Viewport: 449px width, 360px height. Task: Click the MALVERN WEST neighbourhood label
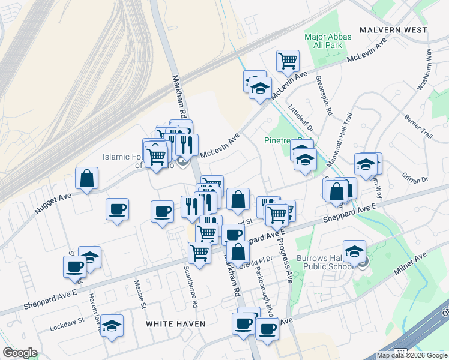tap(393, 29)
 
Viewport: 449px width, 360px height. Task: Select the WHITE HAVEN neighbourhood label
tap(176, 324)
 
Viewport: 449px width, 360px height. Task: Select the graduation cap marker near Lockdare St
tap(112, 326)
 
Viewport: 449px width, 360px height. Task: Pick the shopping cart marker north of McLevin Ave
tap(288, 60)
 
